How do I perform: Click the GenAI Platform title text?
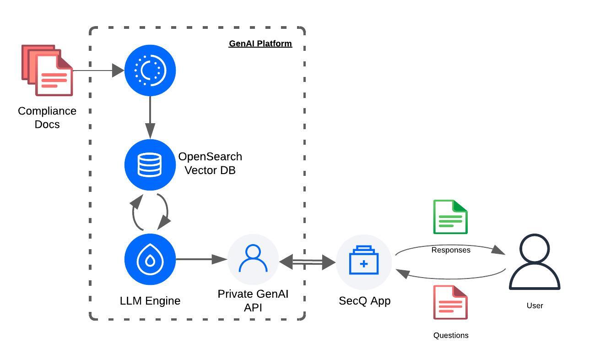click(x=260, y=44)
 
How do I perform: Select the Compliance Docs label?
click(x=47, y=118)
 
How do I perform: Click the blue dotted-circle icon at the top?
click(x=150, y=71)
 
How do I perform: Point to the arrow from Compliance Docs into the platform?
click(x=98, y=71)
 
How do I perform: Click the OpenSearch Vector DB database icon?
click(x=150, y=165)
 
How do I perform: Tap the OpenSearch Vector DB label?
click(x=210, y=163)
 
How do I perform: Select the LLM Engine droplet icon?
click(x=150, y=260)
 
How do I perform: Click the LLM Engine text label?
click(x=150, y=301)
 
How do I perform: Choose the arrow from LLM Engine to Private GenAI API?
click(x=201, y=260)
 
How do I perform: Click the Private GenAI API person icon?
click(x=253, y=260)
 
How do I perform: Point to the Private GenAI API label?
click(x=253, y=300)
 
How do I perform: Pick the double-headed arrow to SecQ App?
click(x=307, y=262)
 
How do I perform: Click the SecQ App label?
click(x=365, y=301)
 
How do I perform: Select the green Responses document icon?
click(x=450, y=217)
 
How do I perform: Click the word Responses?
click(x=451, y=250)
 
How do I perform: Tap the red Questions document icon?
click(x=450, y=302)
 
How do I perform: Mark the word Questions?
click(x=451, y=335)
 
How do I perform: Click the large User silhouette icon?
click(x=535, y=262)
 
